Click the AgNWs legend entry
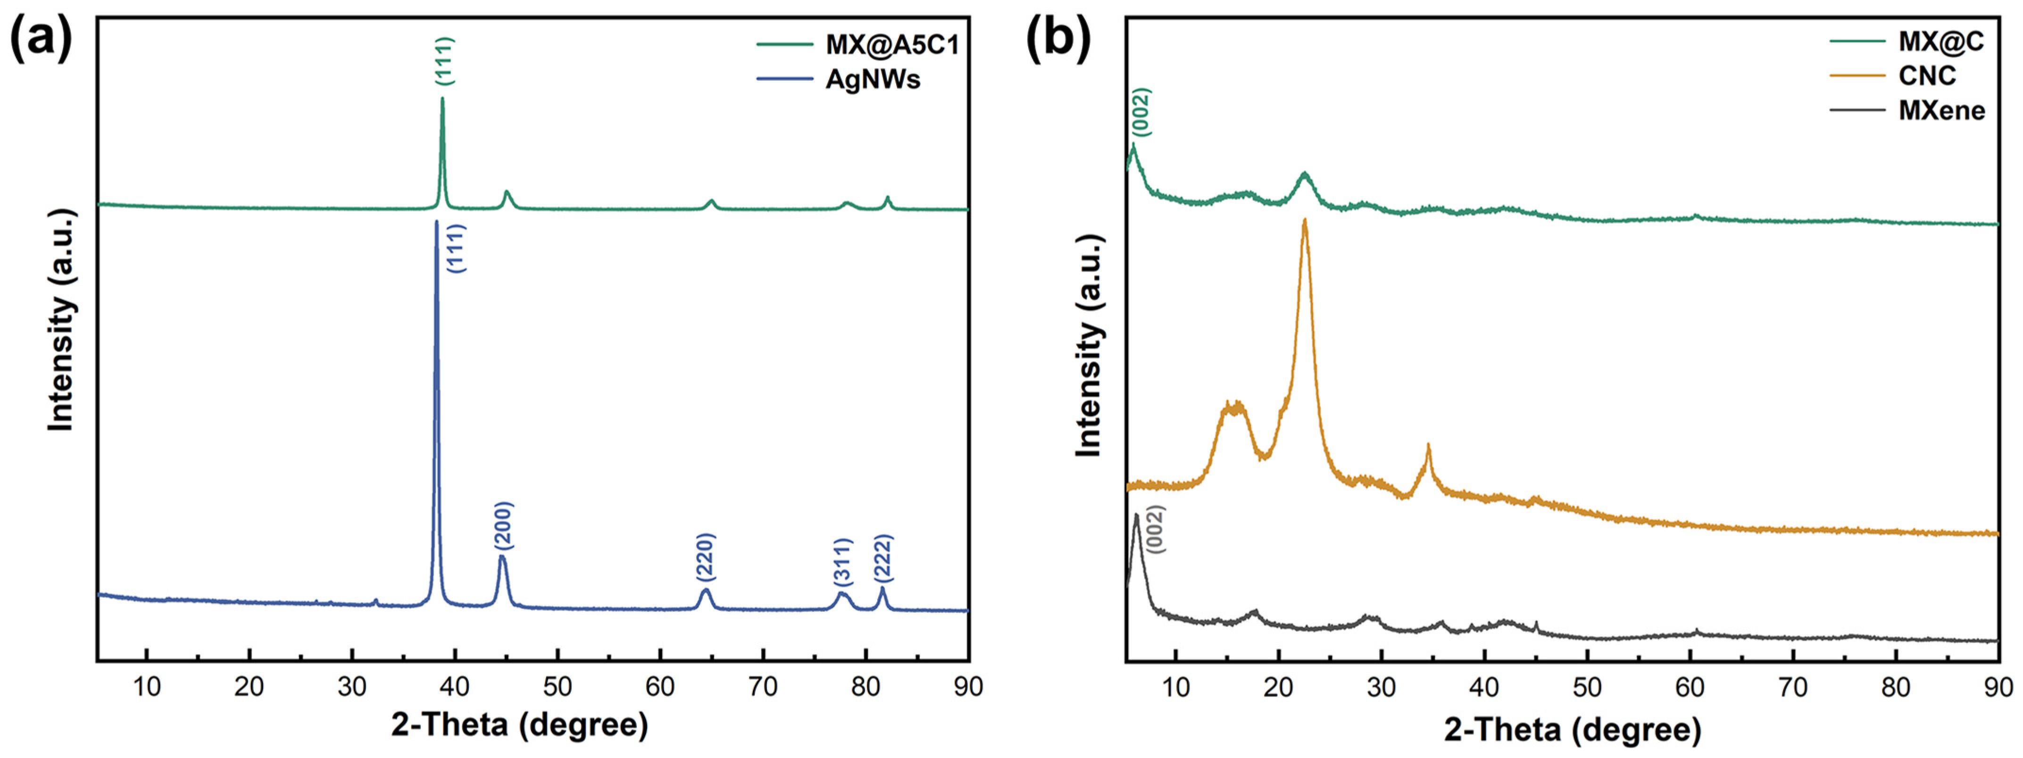coord(872,79)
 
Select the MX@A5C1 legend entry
coord(892,45)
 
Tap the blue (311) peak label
coord(842,562)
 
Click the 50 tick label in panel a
coord(557,686)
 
